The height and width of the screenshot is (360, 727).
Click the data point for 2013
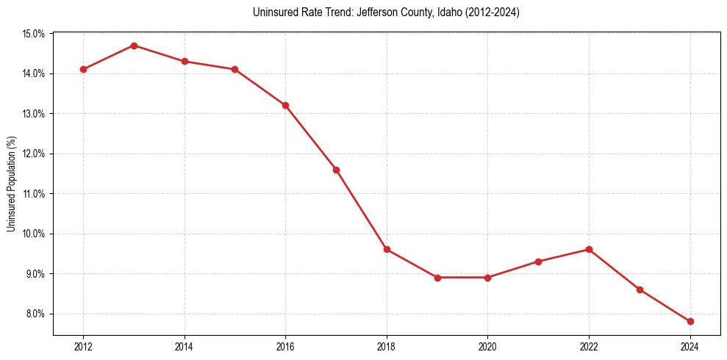pyautogui.click(x=134, y=46)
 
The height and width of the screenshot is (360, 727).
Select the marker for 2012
pyautogui.click(x=83, y=69)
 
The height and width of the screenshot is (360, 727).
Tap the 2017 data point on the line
pyautogui.click(x=336, y=170)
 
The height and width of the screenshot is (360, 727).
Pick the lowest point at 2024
pyautogui.click(x=690, y=322)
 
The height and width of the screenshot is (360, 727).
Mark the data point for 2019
pyautogui.click(x=437, y=278)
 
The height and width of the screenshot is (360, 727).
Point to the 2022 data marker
pyautogui.click(x=589, y=249)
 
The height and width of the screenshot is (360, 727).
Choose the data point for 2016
pyautogui.click(x=285, y=105)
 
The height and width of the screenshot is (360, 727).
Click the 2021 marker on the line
pyautogui.click(x=538, y=262)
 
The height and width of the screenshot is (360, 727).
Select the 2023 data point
pyautogui.click(x=640, y=289)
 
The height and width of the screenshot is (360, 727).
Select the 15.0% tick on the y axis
pyautogui.click(x=35, y=34)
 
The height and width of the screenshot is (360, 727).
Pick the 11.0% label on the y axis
pyautogui.click(x=35, y=194)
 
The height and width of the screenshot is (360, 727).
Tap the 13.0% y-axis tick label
pyautogui.click(x=35, y=114)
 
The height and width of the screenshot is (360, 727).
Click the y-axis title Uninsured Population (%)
pyautogui.click(x=12, y=184)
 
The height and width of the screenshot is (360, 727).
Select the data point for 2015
pyautogui.click(x=234, y=69)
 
